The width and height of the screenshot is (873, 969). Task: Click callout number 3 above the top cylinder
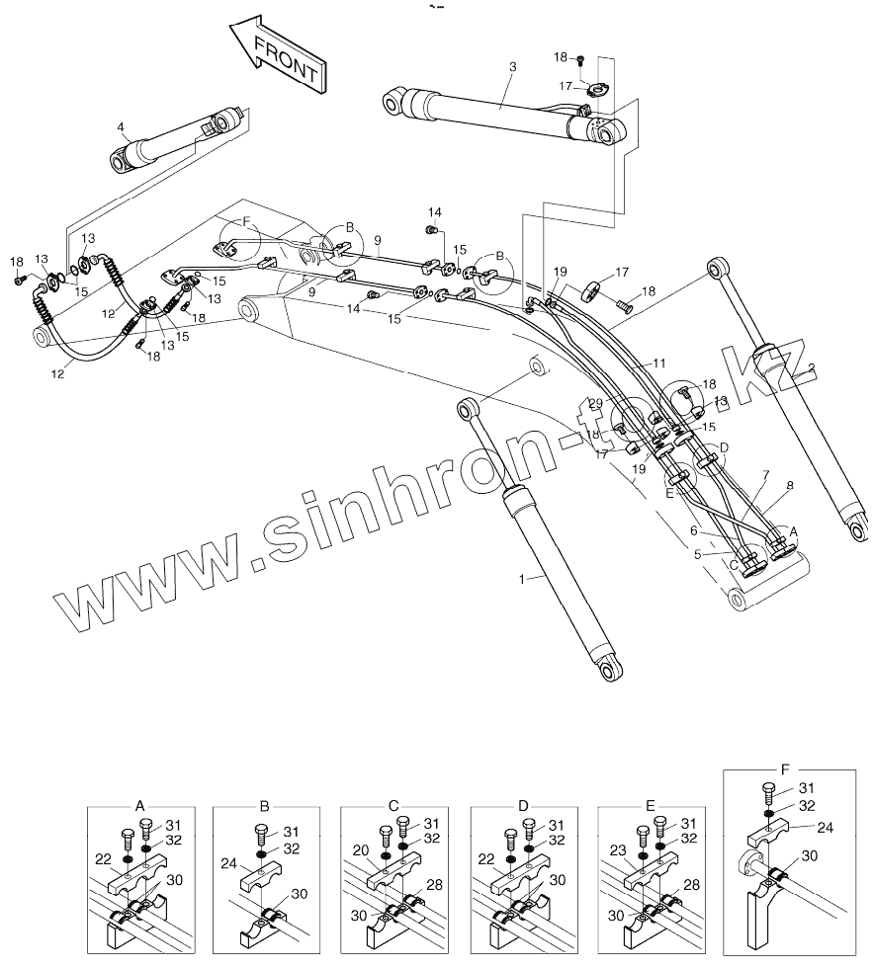coord(512,67)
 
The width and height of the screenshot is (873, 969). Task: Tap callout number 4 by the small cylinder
coord(120,127)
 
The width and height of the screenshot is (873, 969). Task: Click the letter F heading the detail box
coord(786,767)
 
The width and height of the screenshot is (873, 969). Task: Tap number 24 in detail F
coord(824,828)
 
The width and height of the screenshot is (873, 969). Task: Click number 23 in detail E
coord(618,849)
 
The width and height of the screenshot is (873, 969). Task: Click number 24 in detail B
coord(229,861)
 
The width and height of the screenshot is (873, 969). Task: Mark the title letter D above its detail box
coord(523,805)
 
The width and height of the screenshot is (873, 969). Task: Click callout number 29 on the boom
coord(595,403)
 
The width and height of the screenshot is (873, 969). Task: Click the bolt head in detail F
coord(769,787)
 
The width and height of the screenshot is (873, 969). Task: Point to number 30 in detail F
coord(810,855)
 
